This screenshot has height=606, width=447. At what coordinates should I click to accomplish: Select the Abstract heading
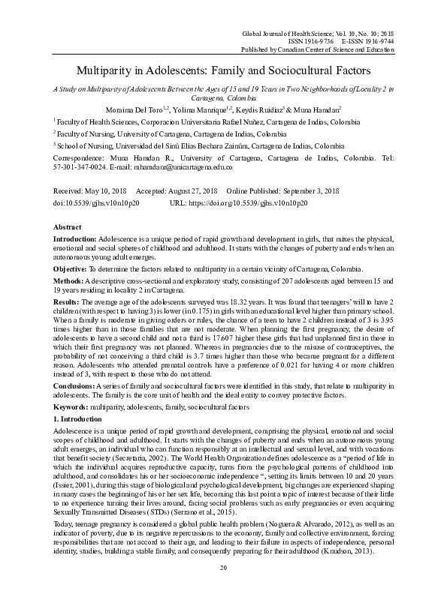(68, 226)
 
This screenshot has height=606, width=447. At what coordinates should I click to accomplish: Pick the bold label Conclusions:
(79, 385)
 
